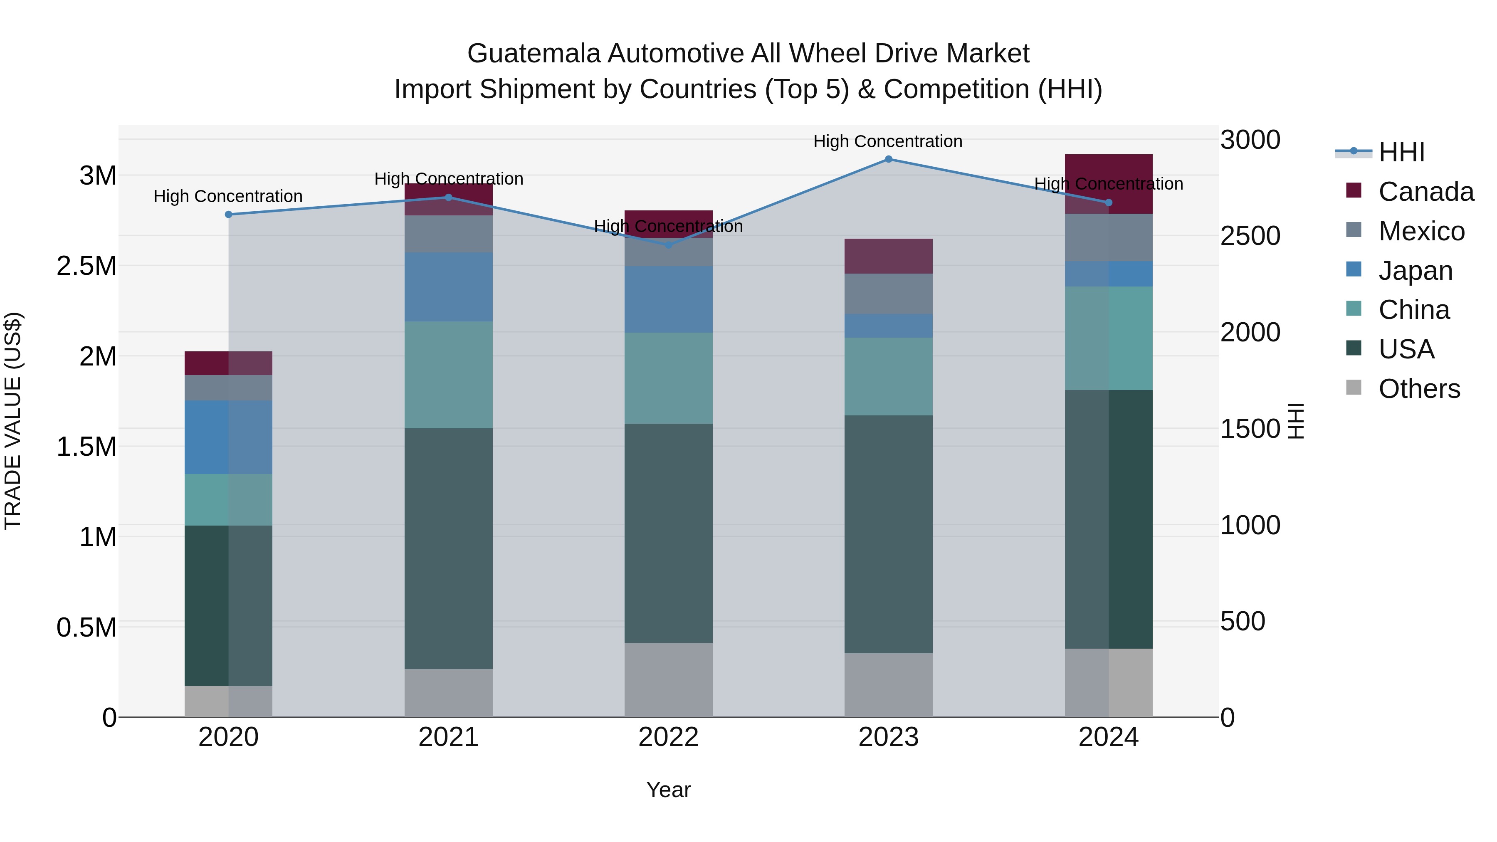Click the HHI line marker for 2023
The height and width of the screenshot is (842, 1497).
pos(888,159)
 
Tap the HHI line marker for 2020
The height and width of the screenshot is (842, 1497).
pos(228,215)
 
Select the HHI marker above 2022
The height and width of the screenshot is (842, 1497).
pos(668,245)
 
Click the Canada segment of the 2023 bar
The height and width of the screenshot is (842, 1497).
pos(888,256)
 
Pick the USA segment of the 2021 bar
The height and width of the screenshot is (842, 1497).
pos(448,548)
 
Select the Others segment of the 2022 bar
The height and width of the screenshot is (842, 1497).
pos(668,680)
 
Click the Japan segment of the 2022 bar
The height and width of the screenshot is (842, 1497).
pos(668,299)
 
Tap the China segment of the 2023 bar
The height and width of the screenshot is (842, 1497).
pos(888,377)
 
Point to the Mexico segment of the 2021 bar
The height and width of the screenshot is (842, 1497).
pos(448,234)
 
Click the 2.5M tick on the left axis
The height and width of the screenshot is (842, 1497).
pos(86,266)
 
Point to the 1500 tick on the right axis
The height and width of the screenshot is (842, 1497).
pos(1250,429)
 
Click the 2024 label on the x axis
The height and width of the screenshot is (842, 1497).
pos(1108,737)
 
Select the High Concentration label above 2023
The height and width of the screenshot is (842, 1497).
pos(887,141)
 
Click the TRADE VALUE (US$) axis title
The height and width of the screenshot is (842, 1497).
pos(13,421)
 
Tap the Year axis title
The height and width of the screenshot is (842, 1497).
pos(668,790)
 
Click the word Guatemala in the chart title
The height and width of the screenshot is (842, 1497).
pos(534,54)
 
